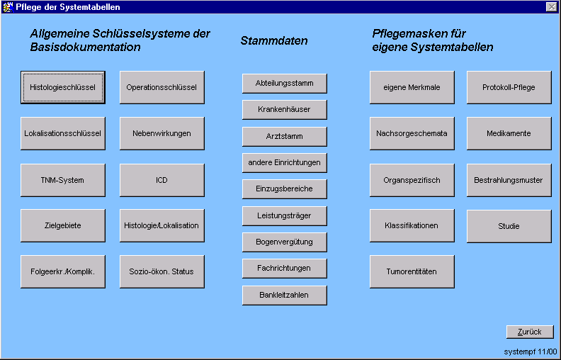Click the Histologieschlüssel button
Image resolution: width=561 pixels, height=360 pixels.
63,88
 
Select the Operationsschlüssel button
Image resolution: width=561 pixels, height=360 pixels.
161,88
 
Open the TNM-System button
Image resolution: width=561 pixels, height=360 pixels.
63,180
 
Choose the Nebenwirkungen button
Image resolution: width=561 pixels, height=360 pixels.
161,133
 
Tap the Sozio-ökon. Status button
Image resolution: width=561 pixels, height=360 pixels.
161,271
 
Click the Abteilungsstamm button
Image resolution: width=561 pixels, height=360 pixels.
284,83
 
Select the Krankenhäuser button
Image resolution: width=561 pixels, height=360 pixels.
284,110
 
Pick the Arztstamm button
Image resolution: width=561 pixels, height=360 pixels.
284,136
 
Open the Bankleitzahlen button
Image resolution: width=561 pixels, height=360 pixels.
284,295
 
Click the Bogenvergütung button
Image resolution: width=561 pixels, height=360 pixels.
284,242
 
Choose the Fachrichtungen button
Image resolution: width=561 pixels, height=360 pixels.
284,269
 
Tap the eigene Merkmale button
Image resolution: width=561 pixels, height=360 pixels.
412,88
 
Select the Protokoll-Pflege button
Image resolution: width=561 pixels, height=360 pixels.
509,88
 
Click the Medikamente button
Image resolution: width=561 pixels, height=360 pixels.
509,133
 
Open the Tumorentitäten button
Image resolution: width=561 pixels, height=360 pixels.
412,271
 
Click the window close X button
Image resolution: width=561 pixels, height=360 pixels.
551,6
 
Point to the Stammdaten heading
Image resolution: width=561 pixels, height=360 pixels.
274,41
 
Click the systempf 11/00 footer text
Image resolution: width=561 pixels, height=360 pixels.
531,351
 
